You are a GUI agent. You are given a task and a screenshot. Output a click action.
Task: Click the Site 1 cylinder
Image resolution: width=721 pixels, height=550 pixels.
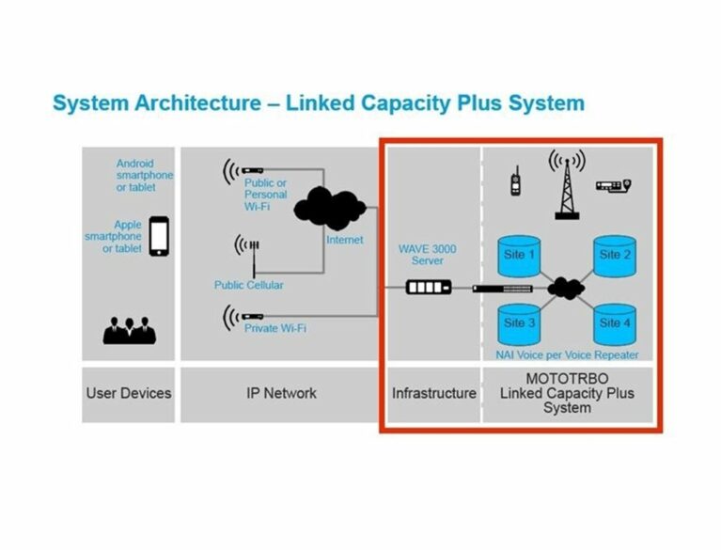pyautogui.click(x=519, y=256)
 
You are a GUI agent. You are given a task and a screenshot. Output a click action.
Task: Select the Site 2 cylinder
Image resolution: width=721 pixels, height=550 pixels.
pyautogui.click(x=615, y=256)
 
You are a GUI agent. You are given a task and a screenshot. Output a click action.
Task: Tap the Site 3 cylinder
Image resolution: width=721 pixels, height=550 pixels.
pyautogui.click(x=519, y=324)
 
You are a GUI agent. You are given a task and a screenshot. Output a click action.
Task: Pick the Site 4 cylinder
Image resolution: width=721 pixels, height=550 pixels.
pyautogui.click(x=615, y=324)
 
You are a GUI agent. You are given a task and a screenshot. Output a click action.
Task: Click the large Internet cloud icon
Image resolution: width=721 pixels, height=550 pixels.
pyautogui.click(x=330, y=209)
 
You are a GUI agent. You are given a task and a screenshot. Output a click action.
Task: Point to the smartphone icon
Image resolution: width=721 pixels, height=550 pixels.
pyautogui.click(x=159, y=236)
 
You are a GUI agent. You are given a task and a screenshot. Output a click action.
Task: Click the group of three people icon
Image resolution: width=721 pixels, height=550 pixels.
pyautogui.click(x=130, y=330)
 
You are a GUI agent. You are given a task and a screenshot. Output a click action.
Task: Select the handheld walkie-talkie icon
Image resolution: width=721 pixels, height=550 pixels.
pyautogui.click(x=515, y=181)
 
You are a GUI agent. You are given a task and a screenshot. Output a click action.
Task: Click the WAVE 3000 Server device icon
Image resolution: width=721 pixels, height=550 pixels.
pyautogui.click(x=429, y=288)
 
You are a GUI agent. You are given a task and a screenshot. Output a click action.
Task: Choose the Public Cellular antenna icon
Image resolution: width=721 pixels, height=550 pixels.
pyautogui.click(x=248, y=255)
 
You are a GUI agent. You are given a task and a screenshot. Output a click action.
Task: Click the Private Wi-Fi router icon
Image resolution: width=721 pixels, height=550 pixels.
pyautogui.click(x=243, y=317)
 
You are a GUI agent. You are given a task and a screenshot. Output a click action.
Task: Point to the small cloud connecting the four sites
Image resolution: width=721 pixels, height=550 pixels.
pyautogui.click(x=566, y=289)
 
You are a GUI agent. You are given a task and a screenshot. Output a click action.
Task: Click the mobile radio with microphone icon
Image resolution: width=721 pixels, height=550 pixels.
pyautogui.click(x=614, y=185)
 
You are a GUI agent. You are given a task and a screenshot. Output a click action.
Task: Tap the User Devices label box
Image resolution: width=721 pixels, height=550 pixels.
pyautogui.click(x=128, y=395)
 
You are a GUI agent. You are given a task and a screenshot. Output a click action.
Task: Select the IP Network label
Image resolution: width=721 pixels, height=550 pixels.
pyautogui.click(x=281, y=394)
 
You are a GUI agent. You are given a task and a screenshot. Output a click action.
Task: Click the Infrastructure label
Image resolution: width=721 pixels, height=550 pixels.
pyautogui.click(x=434, y=394)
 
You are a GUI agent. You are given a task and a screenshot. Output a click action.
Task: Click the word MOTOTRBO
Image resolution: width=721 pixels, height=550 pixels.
pyautogui.click(x=568, y=379)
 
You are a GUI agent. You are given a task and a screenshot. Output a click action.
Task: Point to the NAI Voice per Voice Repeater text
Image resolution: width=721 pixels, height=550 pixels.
pyautogui.click(x=567, y=355)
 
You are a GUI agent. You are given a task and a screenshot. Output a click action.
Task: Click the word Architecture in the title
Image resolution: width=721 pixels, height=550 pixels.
pyautogui.click(x=197, y=103)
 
